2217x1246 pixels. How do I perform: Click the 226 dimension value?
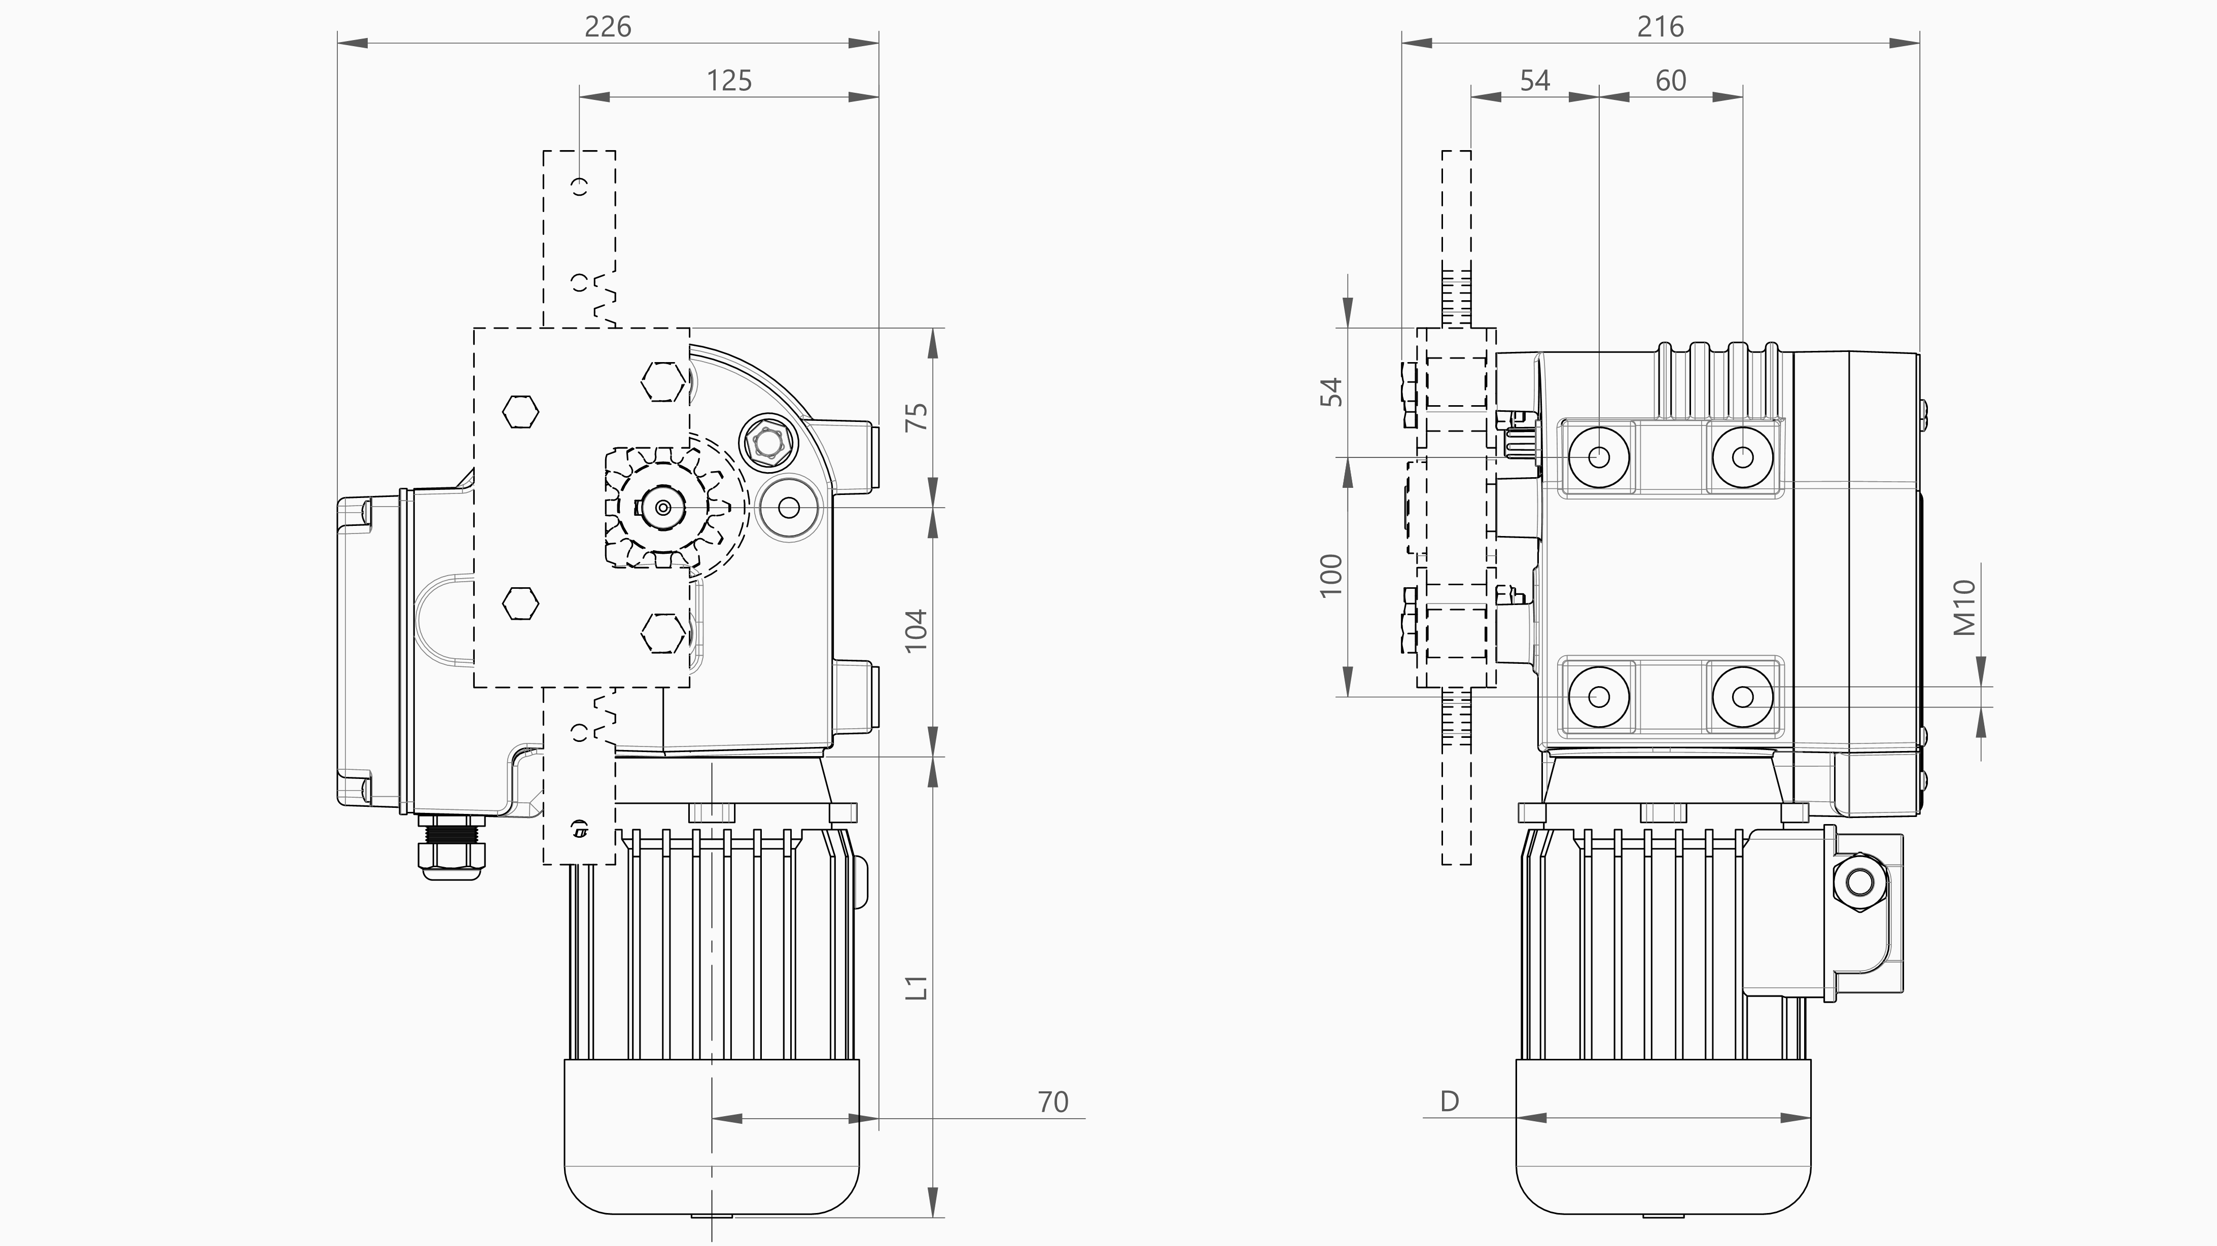(x=608, y=27)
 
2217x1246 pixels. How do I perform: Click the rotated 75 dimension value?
(x=918, y=417)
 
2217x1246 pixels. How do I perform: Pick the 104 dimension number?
(x=918, y=630)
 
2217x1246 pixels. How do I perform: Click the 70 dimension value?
(x=1052, y=1102)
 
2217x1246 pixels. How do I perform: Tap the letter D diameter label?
(x=1449, y=1101)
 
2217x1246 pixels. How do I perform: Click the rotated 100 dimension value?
(x=1330, y=575)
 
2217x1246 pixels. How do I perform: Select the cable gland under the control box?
(x=451, y=852)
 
